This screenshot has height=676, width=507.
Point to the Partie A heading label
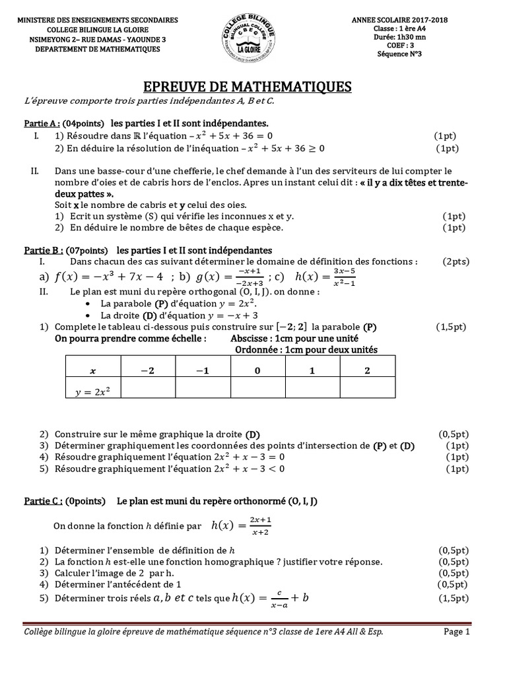[x=42, y=123]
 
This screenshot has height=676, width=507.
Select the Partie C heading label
[x=42, y=501]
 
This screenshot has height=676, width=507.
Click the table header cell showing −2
[x=147, y=371]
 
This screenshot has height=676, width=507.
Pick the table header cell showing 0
[x=257, y=371]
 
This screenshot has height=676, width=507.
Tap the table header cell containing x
[x=92, y=371]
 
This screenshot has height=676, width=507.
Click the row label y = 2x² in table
[x=92, y=392]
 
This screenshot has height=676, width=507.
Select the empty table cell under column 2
[x=367, y=392]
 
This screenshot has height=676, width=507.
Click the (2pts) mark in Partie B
[x=456, y=261]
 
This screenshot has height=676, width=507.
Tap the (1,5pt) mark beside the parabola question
[x=451, y=327]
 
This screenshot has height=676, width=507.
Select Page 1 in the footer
[x=456, y=632]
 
